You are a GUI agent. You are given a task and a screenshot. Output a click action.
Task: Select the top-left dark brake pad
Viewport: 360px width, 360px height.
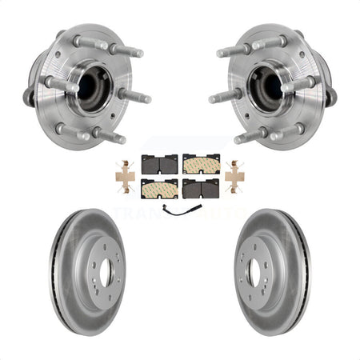point(158,164)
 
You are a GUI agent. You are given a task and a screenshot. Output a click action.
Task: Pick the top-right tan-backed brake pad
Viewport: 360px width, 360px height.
point(200,164)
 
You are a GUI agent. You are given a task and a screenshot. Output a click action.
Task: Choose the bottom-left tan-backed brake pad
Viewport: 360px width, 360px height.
point(159,189)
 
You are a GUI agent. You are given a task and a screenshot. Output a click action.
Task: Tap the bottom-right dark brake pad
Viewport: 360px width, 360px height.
point(200,188)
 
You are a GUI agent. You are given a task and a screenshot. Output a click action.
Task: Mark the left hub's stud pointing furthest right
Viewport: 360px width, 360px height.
point(138,98)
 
